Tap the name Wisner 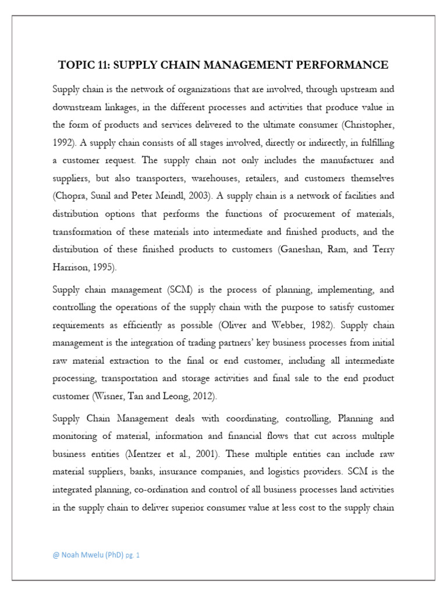coord(111,396)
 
